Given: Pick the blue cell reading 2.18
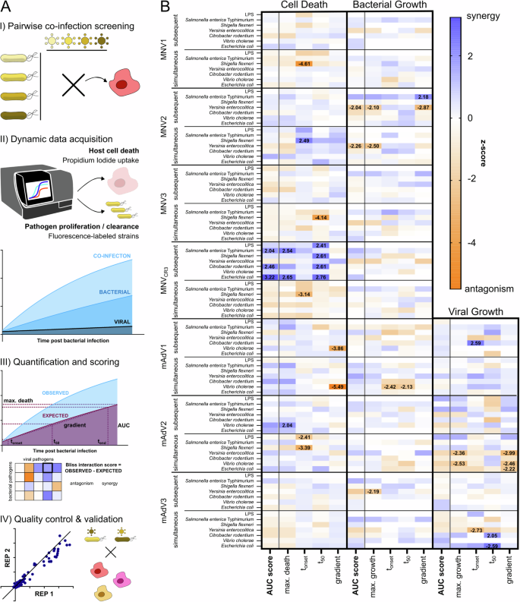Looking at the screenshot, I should pos(424,97).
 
